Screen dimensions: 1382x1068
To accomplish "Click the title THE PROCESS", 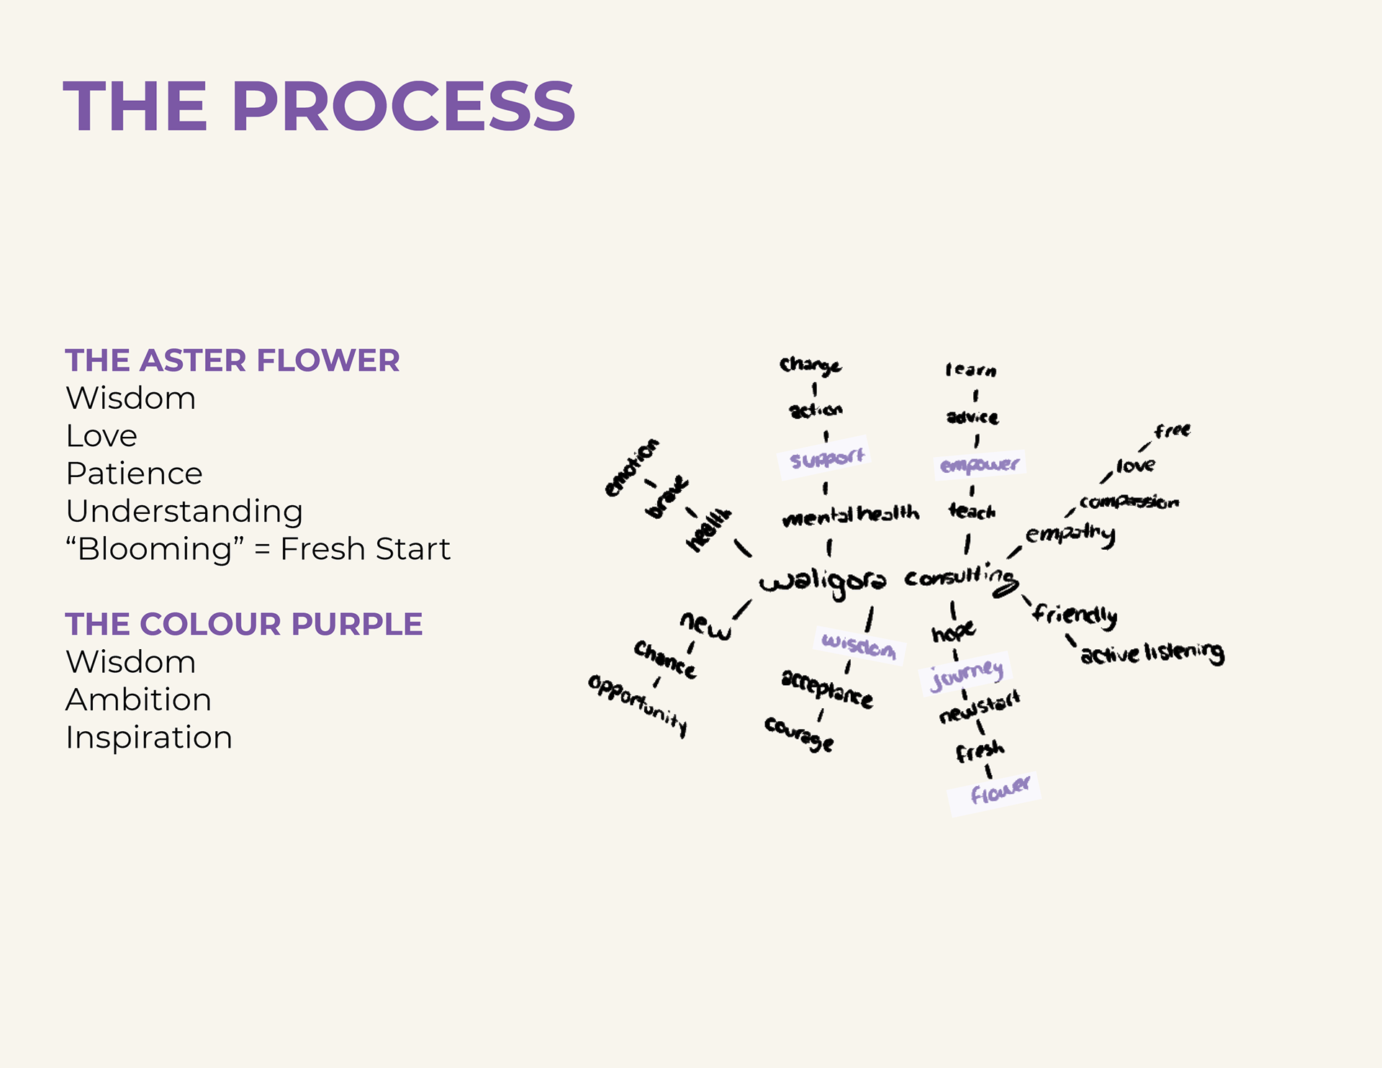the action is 319,107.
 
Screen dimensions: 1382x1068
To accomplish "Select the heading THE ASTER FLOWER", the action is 232,361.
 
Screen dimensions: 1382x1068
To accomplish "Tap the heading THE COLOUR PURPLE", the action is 243,624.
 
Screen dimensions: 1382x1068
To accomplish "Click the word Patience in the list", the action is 134,474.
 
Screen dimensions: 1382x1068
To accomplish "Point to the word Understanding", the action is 184,511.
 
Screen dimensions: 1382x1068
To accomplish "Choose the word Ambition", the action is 138,700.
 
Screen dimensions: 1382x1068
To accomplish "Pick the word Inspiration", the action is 149,738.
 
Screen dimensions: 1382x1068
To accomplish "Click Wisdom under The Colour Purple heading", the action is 130,662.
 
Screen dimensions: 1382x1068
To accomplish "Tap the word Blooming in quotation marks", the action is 155,549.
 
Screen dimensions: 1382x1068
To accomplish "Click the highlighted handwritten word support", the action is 826,458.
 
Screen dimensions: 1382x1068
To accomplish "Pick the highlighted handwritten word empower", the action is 980,464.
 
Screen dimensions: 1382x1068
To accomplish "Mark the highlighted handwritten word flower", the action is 999,790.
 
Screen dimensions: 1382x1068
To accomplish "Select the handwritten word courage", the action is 799,733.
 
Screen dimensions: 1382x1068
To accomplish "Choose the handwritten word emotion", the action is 631,468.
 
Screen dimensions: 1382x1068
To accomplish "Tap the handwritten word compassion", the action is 1129,502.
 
